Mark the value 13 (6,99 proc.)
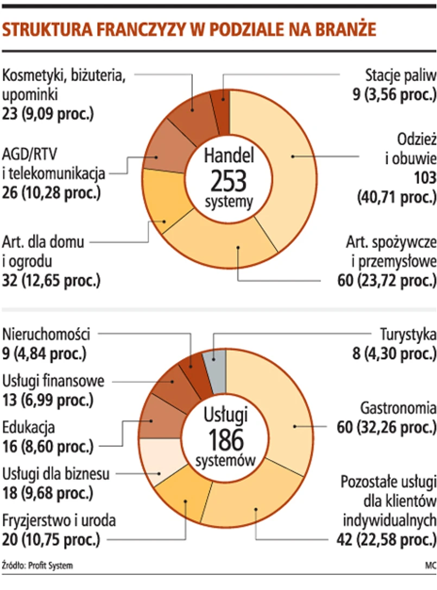48,401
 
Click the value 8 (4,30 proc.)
393,354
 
